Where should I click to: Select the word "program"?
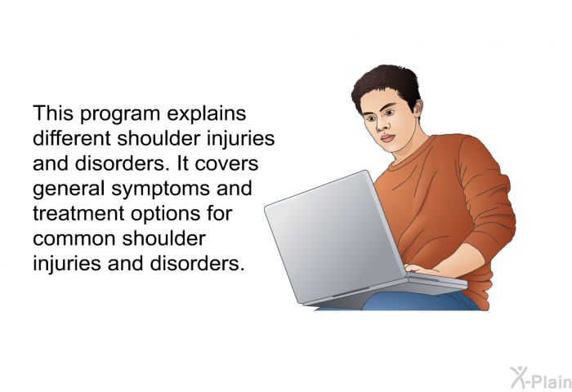(120, 115)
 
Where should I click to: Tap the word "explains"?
(207, 114)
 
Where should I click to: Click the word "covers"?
(226, 164)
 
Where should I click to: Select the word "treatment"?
(78, 214)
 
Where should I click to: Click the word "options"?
(166, 215)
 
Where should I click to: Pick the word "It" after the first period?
(183, 163)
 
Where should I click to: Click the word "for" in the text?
(219, 213)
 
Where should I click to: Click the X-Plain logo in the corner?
(541, 378)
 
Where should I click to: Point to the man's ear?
(418, 108)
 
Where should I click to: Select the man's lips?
(388, 139)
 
